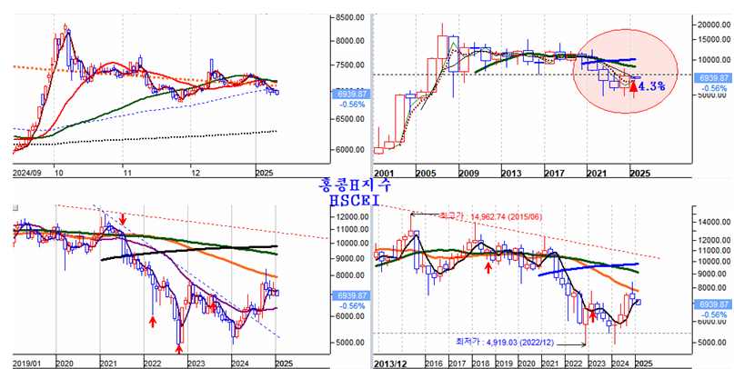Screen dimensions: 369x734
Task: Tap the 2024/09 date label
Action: click(x=25, y=171)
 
